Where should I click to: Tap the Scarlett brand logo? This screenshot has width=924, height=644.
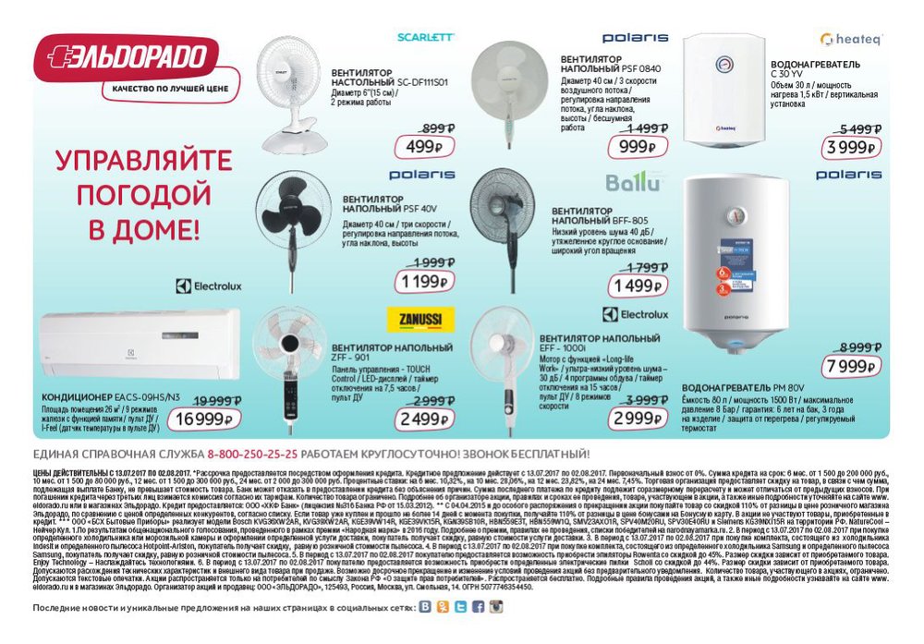(425, 38)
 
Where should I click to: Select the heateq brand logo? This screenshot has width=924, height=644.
(851, 39)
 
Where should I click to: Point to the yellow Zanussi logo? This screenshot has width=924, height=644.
(415, 319)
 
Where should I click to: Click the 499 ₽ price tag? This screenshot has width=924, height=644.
(424, 147)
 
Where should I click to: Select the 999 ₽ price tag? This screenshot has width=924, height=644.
(637, 147)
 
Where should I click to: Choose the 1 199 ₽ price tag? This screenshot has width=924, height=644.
(423, 281)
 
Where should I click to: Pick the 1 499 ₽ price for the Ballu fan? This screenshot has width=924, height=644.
(635, 286)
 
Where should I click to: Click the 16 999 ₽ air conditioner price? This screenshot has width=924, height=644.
(201, 419)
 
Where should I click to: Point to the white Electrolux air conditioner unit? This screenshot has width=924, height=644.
(139, 346)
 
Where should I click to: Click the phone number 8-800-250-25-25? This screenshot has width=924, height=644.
(252, 455)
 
